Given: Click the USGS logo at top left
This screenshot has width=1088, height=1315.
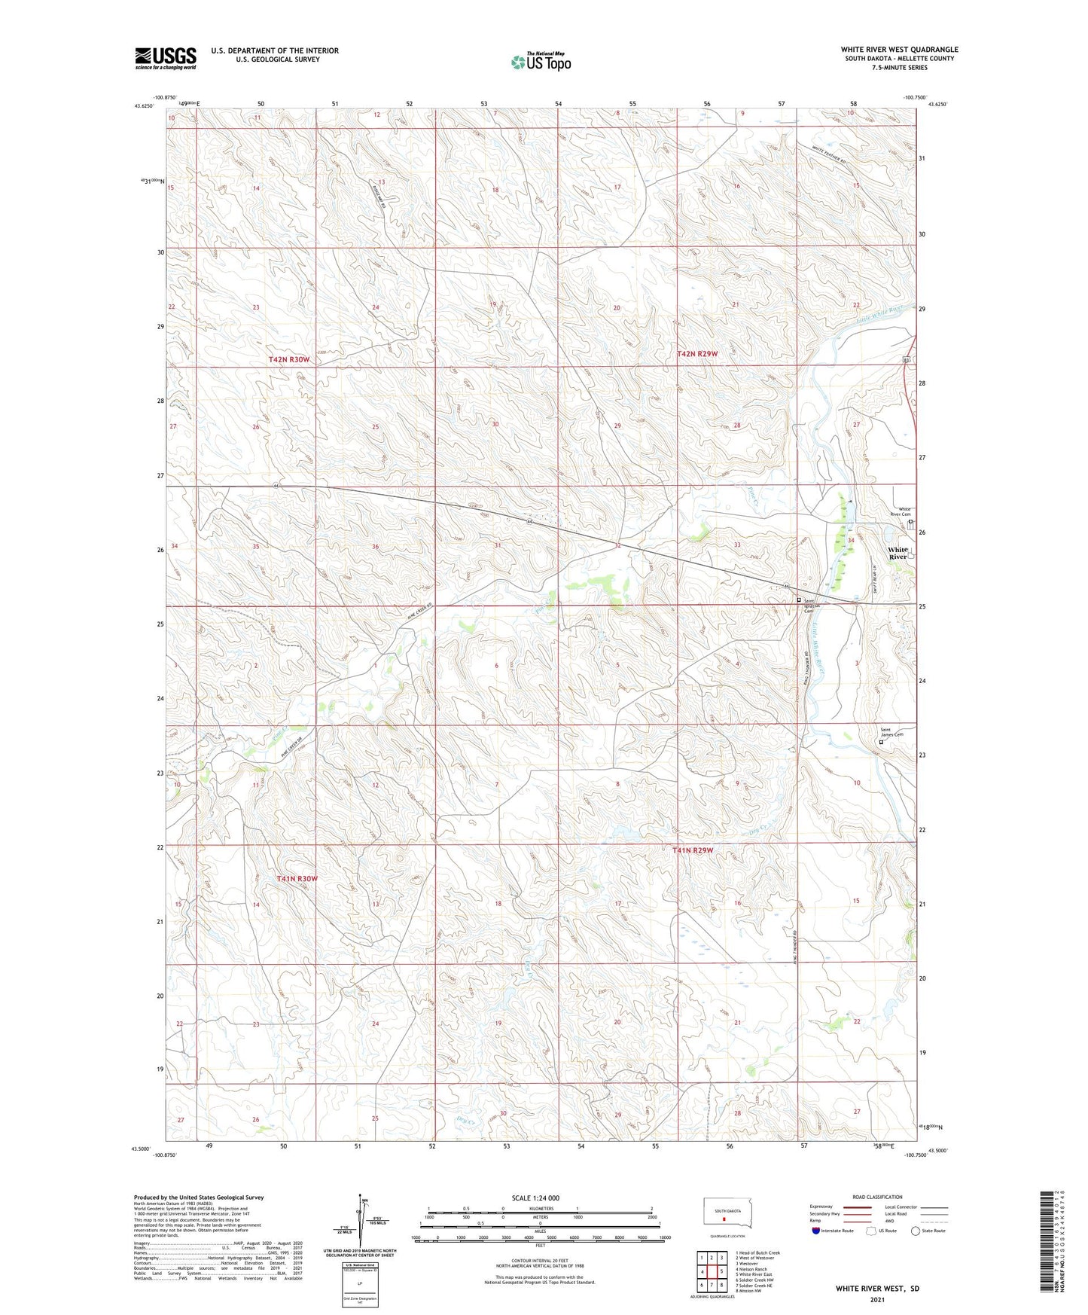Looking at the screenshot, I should coord(166,58).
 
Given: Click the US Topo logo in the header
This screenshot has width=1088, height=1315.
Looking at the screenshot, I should coord(541,62).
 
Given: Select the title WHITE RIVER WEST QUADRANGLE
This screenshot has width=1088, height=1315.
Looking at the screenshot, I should coord(899,50).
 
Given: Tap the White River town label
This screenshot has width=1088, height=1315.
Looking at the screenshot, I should coord(898,554).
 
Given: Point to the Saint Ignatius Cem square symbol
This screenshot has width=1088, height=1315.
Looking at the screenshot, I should coord(799,600).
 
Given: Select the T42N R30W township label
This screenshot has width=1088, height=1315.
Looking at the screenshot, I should coord(289,361).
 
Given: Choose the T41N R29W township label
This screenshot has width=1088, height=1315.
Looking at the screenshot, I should coord(693,850).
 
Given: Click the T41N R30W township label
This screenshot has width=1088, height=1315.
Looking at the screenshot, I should coord(297,879).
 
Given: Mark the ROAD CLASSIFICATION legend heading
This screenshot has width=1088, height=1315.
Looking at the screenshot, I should coord(877,1197).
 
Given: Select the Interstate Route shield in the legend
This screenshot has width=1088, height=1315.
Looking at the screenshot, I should coord(816,1231).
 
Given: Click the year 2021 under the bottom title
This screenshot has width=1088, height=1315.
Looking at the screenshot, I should coord(876,1300).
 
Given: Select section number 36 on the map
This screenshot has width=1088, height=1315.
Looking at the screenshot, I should coord(375,546).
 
